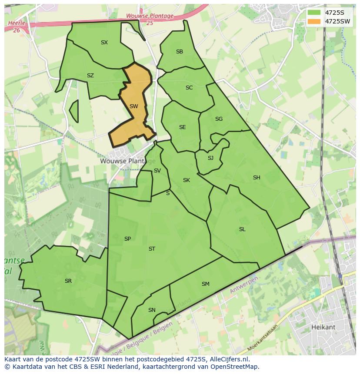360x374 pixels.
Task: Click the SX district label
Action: click(x=104, y=43)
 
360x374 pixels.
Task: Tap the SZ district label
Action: click(x=90, y=76)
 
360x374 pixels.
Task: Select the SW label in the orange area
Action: click(x=134, y=106)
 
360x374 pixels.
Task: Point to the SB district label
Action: click(x=180, y=52)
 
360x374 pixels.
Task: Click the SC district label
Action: click(x=189, y=88)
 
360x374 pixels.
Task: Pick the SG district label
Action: click(x=219, y=119)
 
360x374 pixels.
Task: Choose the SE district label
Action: click(x=183, y=127)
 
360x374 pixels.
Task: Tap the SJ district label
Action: click(x=210, y=158)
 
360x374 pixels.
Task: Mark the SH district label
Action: click(x=257, y=178)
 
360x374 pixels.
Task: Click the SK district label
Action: click(x=187, y=180)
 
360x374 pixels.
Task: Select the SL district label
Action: click(x=242, y=229)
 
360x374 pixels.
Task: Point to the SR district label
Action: click(x=68, y=281)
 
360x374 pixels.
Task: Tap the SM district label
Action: click(x=206, y=284)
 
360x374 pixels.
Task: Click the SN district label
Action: click(x=152, y=310)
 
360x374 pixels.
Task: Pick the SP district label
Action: click(x=127, y=239)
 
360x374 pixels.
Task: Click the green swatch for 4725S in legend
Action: click(x=314, y=13)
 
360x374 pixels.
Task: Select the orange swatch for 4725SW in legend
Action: click(x=314, y=21)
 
